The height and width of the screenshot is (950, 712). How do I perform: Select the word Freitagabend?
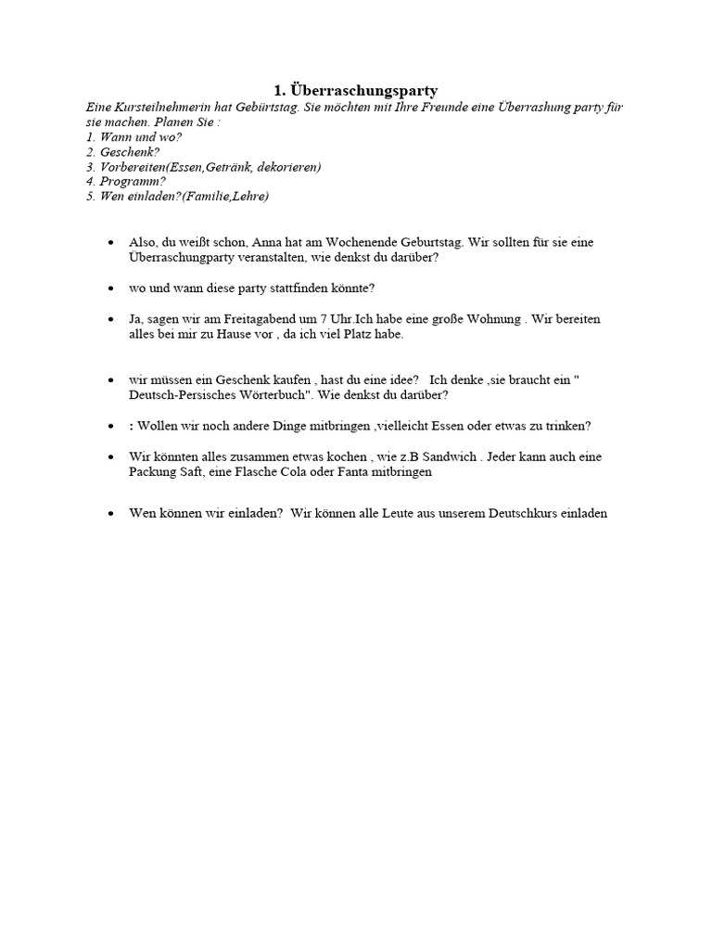(x=241, y=319)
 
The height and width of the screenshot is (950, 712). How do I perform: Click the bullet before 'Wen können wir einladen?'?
(x=111, y=512)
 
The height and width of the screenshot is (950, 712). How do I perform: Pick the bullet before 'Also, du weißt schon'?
(x=111, y=242)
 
